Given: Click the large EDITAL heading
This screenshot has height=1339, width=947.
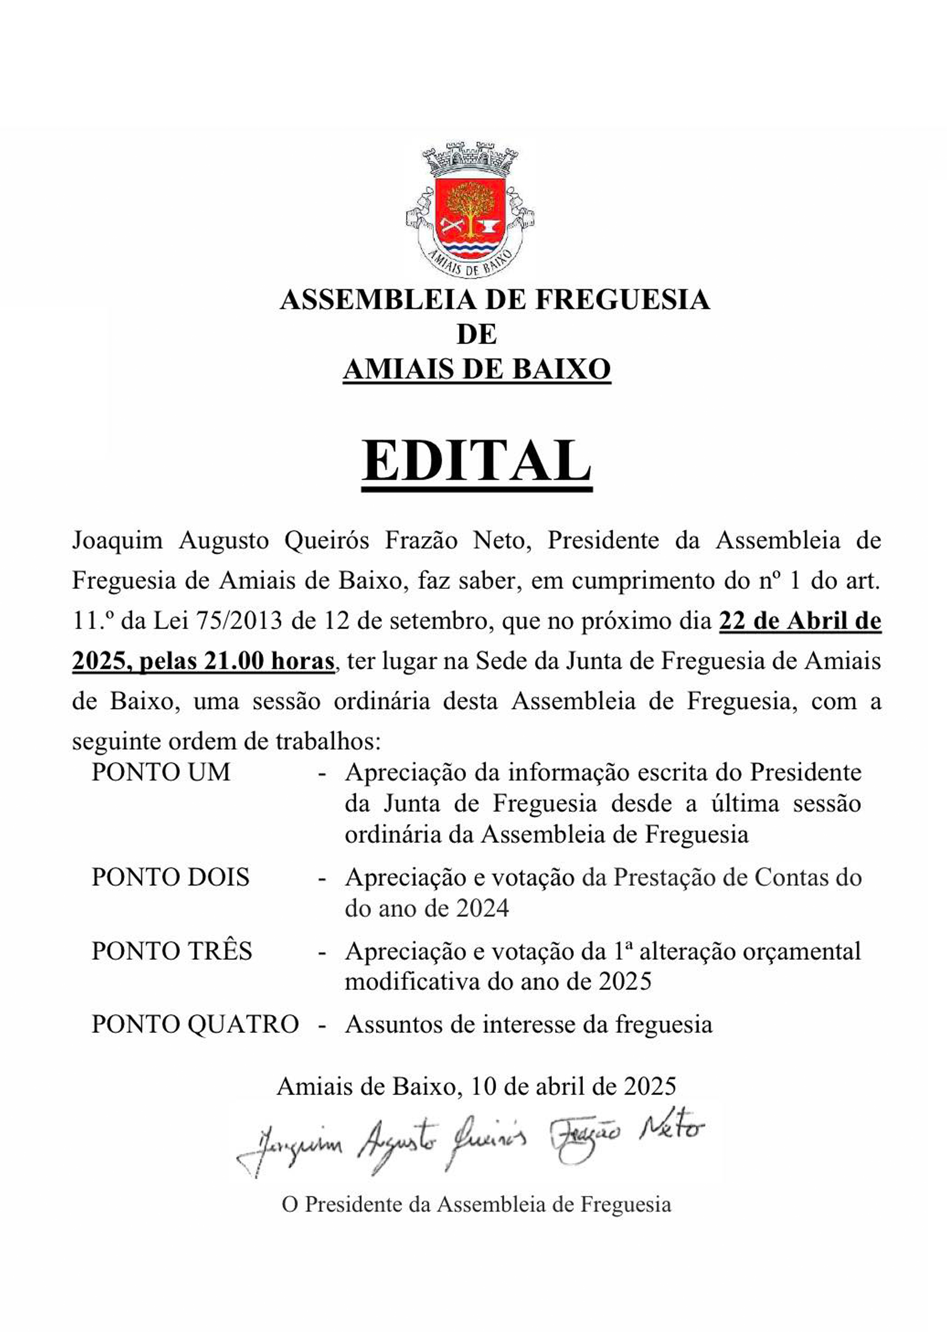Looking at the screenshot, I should point(476,461).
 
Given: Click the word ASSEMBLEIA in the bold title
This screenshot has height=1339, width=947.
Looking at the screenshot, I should point(377,300).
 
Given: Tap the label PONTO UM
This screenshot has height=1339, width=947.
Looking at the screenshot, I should point(161,773).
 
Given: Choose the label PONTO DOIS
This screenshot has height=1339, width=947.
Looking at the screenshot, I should point(170,877).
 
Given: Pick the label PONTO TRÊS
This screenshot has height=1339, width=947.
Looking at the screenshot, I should point(171,951).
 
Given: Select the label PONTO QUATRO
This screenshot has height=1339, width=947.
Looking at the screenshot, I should point(195,1024).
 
